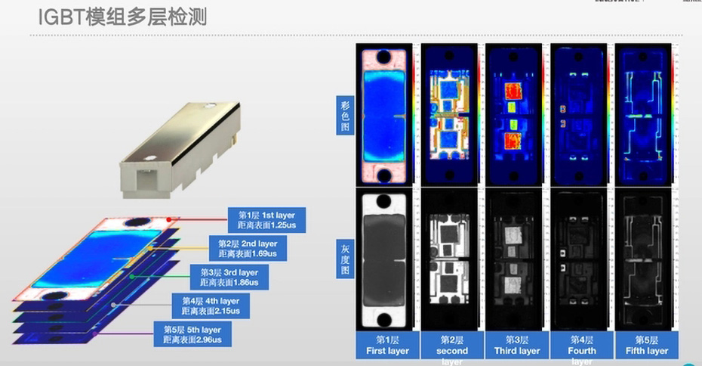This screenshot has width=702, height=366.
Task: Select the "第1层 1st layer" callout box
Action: pyautogui.click(x=266, y=220)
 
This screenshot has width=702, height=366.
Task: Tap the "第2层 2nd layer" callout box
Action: pyautogui.click(x=248, y=249)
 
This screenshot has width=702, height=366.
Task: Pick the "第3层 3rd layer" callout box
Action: pyautogui.click(x=229, y=277)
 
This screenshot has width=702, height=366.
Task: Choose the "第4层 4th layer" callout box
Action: pyautogui.click(x=211, y=305)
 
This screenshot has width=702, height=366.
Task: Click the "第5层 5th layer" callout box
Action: pyautogui.click(x=193, y=334)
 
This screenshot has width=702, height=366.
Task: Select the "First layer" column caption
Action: pyautogui.click(x=386, y=345)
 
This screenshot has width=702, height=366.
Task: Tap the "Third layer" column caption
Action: pyautogui.click(x=517, y=345)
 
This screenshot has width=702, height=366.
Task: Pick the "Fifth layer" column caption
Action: pyautogui.click(x=647, y=345)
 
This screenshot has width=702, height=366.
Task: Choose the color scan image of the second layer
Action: pyautogui.click(x=451, y=116)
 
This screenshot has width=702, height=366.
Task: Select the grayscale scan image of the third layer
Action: pyautogui.click(x=516, y=261)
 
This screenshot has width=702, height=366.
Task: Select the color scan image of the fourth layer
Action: pyautogui.click(x=582, y=116)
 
